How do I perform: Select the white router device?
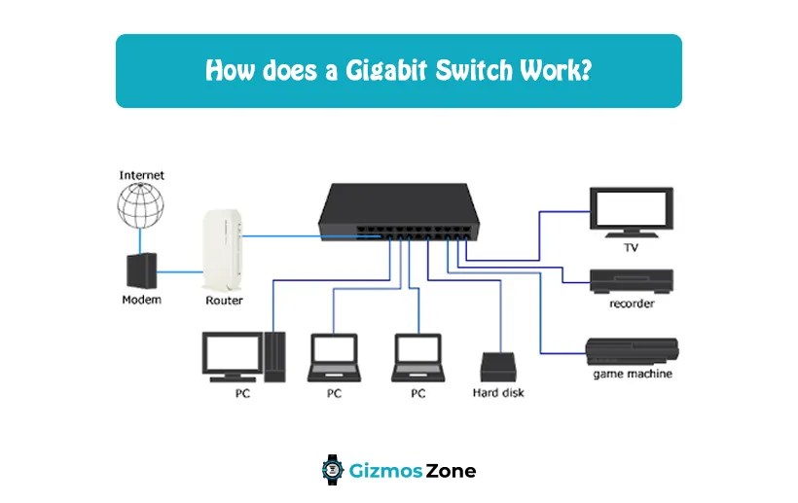(x=224, y=250)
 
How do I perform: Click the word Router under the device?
(x=224, y=301)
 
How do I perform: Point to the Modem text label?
(x=141, y=300)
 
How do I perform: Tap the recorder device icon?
(x=631, y=281)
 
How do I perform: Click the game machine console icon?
(x=632, y=350)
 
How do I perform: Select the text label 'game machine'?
(x=632, y=374)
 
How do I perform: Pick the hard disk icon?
(x=499, y=367)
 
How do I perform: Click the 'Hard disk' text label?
(x=499, y=394)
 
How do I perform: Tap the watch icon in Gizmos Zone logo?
(x=333, y=471)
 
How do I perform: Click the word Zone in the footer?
(x=451, y=471)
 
